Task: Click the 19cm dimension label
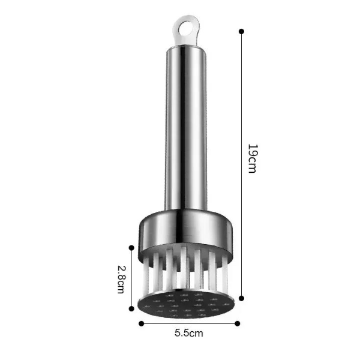click(x=252, y=158)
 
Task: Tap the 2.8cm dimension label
click(x=121, y=280)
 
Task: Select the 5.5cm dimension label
click(x=189, y=332)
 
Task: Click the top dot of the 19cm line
click(x=241, y=31)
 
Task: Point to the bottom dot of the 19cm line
click(x=241, y=298)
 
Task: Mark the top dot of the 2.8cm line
click(x=131, y=248)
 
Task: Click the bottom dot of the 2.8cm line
click(x=131, y=309)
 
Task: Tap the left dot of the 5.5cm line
click(x=142, y=323)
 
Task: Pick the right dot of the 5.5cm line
click(x=238, y=323)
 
